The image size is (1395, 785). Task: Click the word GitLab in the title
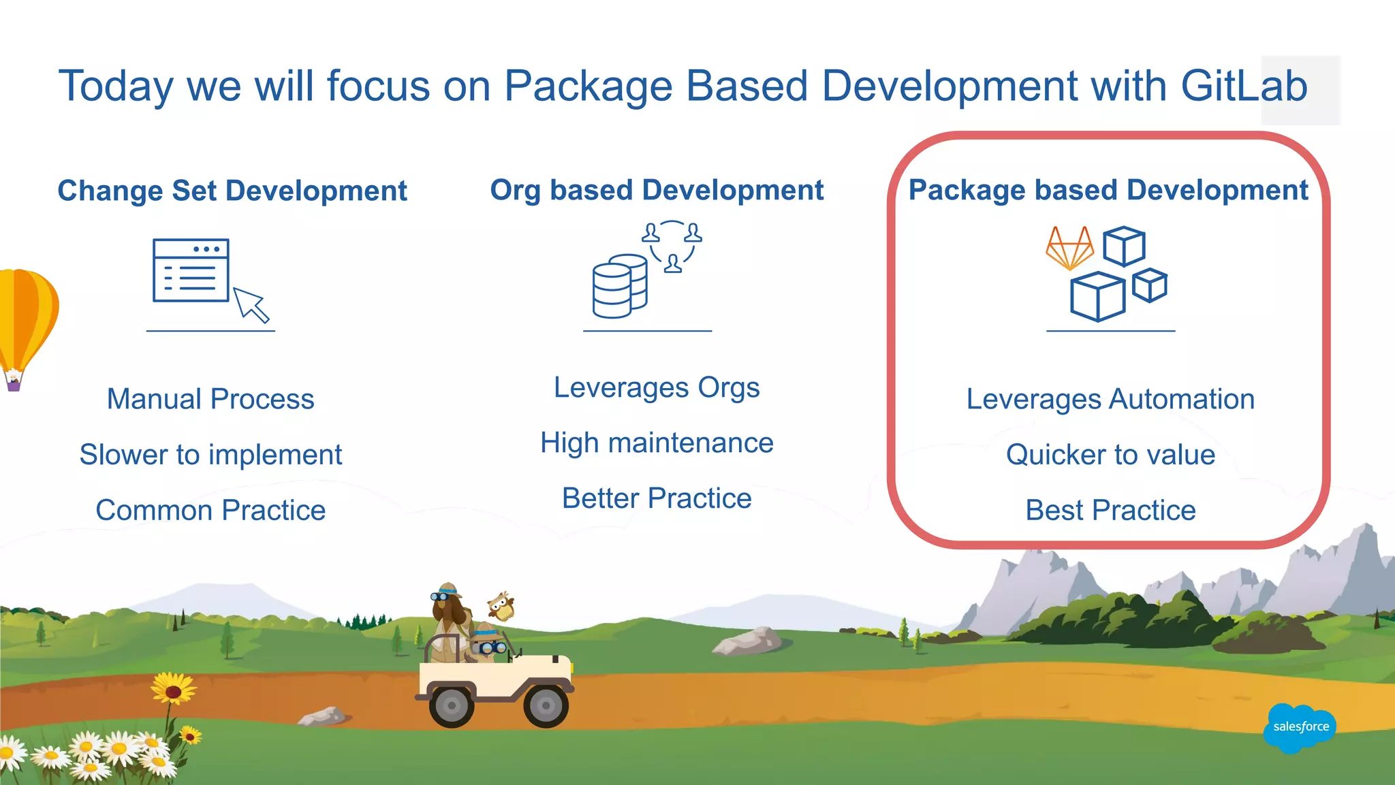click(1243, 86)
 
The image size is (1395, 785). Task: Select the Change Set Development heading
click(232, 191)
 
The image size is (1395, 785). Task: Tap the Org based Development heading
click(657, 190)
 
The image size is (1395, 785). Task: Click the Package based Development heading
click(1108, 190)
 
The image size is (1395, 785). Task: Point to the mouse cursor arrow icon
click(251, 304)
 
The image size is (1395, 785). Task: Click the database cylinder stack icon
click(618, 287)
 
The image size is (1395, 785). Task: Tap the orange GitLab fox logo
click(1069, 248)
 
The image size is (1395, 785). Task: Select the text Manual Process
click(210, 399)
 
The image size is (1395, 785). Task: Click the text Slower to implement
click(210, 455)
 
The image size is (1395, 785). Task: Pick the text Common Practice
click(210, 510)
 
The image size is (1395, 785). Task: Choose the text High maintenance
click(657, 443)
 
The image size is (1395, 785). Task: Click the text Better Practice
click(657, 498)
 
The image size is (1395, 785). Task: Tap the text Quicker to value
click(1110, 455)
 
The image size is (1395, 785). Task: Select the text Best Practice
click(1110, 510)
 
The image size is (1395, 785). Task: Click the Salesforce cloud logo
click(1300, 727)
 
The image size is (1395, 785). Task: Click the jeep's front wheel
click(546, 706)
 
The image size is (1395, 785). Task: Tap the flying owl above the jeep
click(501, 605)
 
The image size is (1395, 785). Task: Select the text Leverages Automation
click(1110, 399)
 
